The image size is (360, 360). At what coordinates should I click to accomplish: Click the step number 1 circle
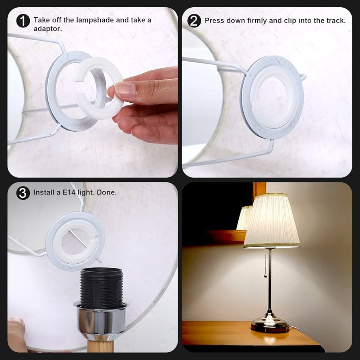point(23,21)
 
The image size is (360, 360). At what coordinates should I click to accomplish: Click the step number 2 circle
point(194,21)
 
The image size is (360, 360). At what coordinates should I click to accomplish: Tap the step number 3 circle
point(23,193)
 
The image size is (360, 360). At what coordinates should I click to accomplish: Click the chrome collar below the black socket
point(100,321)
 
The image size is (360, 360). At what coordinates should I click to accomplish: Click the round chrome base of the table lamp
point(269,324)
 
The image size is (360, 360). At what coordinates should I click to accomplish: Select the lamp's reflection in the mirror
point(244,218)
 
